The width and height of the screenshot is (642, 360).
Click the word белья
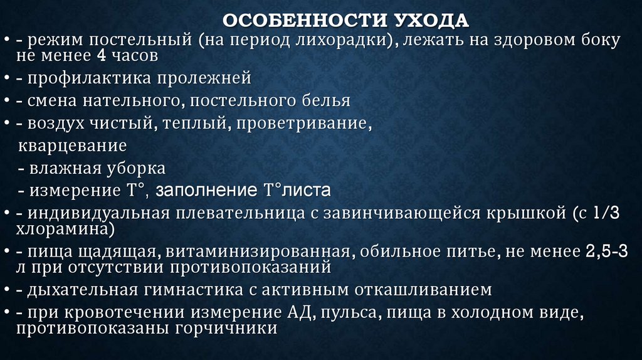327,100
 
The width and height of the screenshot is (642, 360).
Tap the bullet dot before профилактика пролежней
6,79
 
